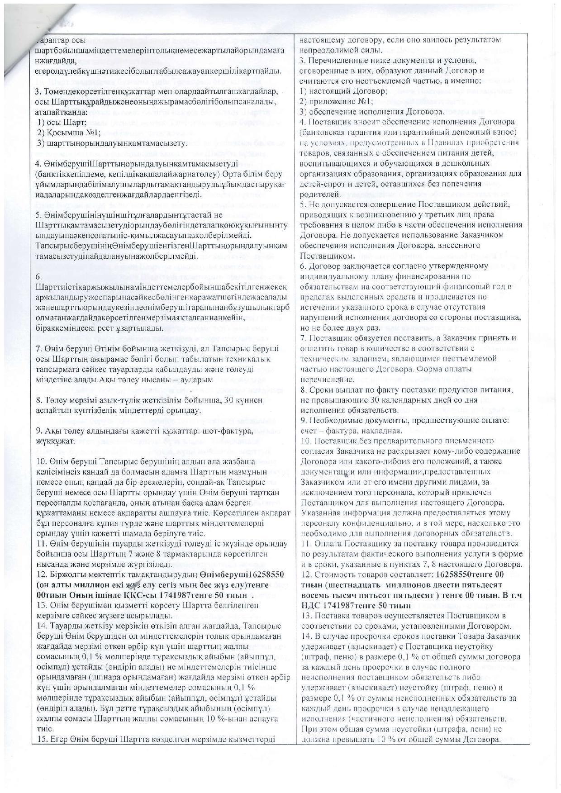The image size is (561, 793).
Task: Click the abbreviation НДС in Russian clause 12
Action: pos(310,605)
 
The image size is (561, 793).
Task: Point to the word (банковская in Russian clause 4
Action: pos(323,133)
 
